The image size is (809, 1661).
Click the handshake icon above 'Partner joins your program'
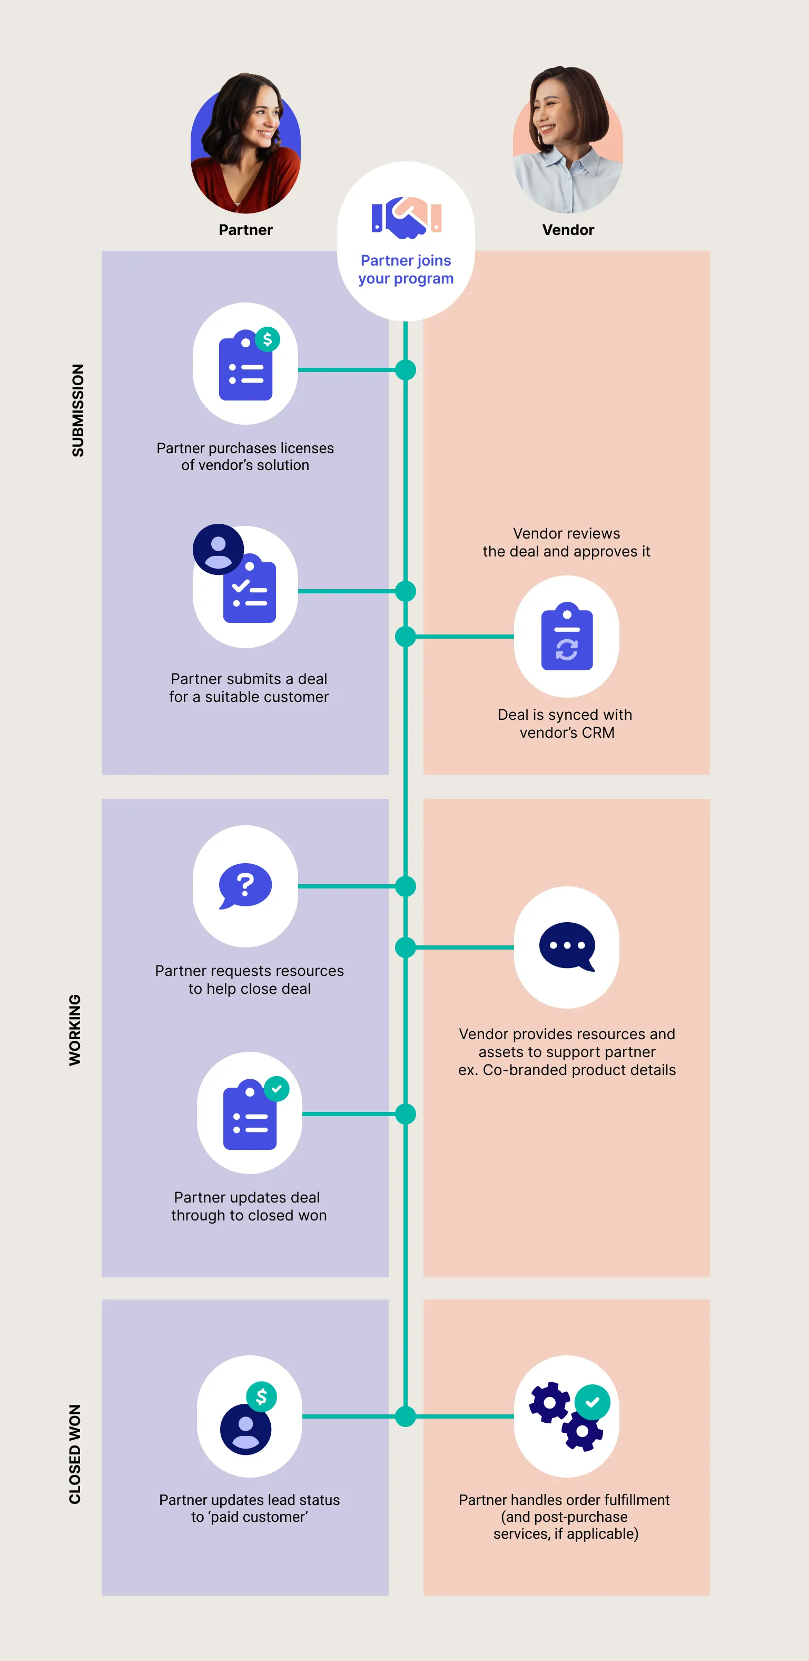[406, 217]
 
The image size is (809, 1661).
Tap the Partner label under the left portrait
[245, 230]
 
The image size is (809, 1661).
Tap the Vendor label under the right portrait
[568, 230]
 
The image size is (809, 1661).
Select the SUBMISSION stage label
[78, 410]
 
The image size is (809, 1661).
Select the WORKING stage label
[75, 1030]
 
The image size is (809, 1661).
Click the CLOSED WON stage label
[75, 1454]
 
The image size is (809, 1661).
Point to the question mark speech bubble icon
[245, 885]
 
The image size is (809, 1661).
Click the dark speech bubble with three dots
[567, 946]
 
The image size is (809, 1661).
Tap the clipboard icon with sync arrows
[567, 637]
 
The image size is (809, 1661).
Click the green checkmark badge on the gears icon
[592, 1402]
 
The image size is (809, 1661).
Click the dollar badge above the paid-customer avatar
[262, 1396]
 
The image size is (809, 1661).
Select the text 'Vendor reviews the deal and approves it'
[566, 542]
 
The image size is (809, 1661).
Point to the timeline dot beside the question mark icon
[406, 886]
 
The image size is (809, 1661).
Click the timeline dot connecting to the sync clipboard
[406, 637]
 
